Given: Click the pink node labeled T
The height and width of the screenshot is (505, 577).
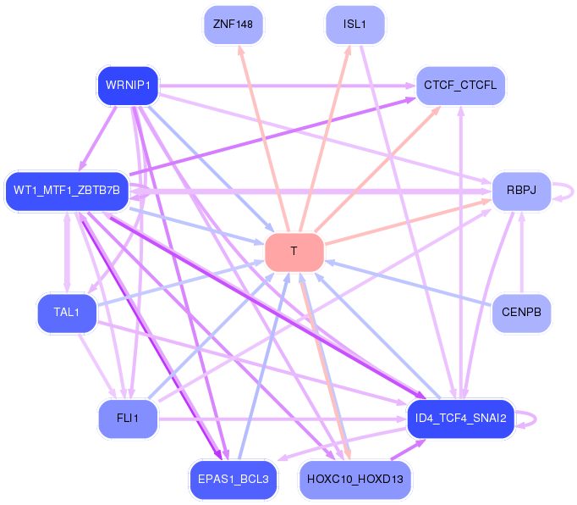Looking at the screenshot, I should [x=294, y=252].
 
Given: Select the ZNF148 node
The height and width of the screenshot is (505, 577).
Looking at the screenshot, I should [x=234, y=24].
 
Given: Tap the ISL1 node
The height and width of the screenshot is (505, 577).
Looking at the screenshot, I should [x=354, y=24].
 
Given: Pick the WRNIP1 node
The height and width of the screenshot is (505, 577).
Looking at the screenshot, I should [x=128, y=85].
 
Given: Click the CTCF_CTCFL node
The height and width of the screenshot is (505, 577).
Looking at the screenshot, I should [x=461, y=85].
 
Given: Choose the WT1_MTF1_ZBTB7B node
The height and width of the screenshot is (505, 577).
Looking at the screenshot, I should [x=67, y=190].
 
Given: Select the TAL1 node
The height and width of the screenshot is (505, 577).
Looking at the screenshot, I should [x=67, y=313].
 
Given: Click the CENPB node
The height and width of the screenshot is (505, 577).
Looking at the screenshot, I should [x=521, y=313].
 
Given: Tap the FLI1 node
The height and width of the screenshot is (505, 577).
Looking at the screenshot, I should [x=128, y=418].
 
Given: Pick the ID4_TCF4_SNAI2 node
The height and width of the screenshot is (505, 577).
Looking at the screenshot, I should [x=461, y=418].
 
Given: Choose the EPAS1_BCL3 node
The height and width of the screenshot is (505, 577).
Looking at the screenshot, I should [x=234, y=479].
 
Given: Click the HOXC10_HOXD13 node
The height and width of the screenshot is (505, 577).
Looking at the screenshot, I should [x=354, y=479].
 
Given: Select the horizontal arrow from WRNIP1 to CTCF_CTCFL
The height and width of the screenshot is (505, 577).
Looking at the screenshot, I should [x=288, y=86].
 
